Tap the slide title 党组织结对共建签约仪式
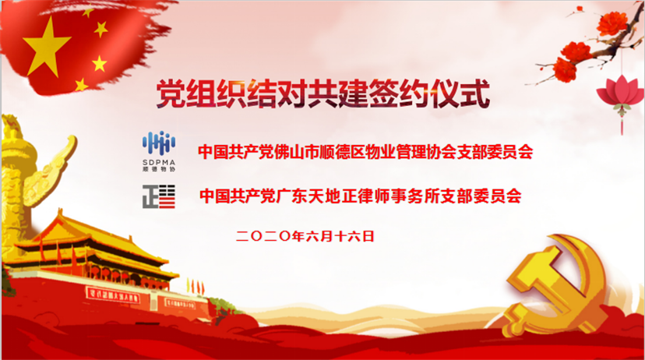323,94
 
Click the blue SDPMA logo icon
159,143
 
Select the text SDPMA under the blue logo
159,162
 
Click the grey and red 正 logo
159,196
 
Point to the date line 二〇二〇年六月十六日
305,236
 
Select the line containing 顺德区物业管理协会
365,152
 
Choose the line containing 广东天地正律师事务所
361,196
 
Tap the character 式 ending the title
474,94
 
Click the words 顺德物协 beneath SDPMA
159,168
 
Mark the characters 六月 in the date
319,236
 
